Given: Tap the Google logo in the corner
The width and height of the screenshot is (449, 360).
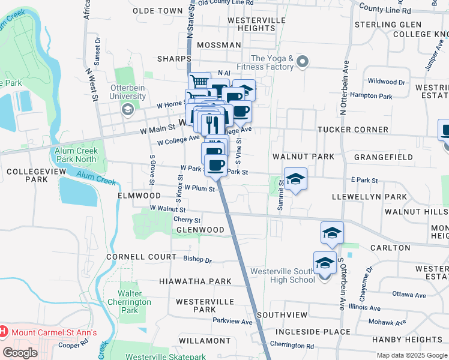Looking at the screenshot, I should tap(20, 352).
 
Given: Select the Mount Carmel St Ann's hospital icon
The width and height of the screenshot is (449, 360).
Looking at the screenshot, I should tap(3, 332).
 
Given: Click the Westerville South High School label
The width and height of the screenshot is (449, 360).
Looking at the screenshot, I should tap(282, 275).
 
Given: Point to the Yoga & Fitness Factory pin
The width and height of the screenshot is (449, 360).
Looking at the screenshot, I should tap(303, 62).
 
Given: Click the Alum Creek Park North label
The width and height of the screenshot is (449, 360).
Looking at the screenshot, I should tap(76, 155).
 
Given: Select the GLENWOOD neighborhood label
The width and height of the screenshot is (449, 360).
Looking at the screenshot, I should tap(200, 230).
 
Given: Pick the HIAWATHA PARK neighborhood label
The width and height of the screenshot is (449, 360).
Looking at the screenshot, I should tap(195, 281).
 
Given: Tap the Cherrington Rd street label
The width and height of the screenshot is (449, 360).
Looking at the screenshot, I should tap(292, 346).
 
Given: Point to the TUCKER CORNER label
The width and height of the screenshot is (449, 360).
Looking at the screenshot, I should tap(353, 130).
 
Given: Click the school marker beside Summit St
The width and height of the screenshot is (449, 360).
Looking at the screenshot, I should tap(295, 179).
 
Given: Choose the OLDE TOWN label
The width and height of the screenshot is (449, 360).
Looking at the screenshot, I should tap(157, 11).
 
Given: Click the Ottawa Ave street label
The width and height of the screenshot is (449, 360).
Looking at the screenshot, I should tap(409, 295).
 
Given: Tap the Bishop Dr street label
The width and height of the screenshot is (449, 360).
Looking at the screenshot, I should tap(197, 260).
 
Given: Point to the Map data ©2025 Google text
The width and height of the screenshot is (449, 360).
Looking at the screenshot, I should tap(412, 355).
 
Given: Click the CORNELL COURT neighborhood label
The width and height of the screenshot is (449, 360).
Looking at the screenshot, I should tap(141, 256).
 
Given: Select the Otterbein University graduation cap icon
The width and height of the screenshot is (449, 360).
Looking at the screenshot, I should tap(127, 109).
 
